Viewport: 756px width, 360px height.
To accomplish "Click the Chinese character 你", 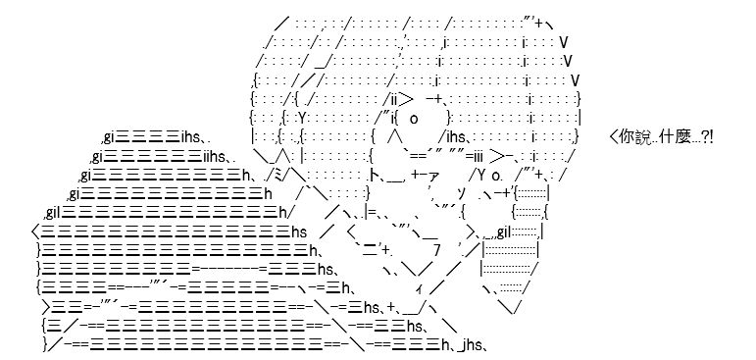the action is (x=626, y=137).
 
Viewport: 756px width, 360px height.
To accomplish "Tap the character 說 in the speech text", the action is (x=638, y=137).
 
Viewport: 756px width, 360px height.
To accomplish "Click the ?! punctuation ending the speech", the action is (x=707, y=137).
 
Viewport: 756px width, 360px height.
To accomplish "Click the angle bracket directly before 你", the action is (x=614, y=137).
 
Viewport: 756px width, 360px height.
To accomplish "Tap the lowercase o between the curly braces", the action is (x=414, y=119).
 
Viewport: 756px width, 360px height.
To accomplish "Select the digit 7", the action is (x=436, y=251).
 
